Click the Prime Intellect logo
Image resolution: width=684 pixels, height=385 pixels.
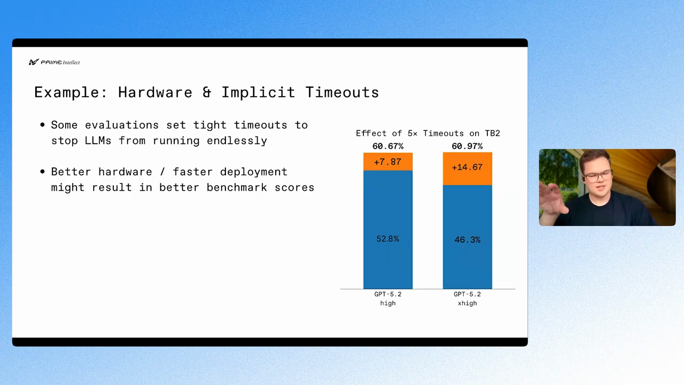coord(55,62)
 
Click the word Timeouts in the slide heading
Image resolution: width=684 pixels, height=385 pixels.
coord(342,93)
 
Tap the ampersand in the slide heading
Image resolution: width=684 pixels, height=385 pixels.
coord(207,93)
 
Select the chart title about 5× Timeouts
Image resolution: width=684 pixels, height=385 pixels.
coord(428,133)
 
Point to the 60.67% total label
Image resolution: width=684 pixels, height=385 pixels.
coord(388,147)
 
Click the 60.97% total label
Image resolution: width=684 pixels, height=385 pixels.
coord(467,147)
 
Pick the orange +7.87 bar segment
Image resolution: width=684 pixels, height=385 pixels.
coord(388,161)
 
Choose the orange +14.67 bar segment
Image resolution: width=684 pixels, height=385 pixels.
coord(468,168)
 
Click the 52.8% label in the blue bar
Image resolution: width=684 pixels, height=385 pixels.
coord(388,238)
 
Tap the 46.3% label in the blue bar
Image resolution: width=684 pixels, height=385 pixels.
coord(468,240)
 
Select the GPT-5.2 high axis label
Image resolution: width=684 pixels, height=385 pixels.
coord(388,298)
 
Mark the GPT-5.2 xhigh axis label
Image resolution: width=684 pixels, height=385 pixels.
coord(467,298)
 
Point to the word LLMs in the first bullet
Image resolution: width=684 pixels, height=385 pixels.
coord(98,141)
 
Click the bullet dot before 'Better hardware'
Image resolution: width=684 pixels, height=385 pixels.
coord(42,172)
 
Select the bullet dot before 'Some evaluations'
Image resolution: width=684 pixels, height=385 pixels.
coord(42,125)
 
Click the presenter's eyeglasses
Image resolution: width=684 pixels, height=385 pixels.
coord(598,176)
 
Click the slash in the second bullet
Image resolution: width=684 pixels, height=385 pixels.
coord(162,172)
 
